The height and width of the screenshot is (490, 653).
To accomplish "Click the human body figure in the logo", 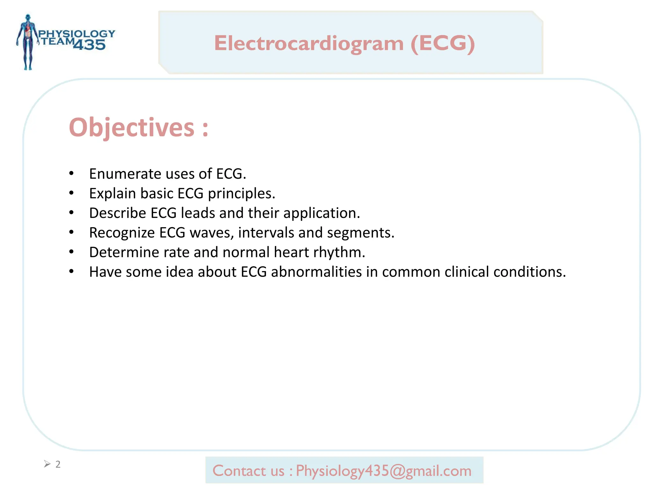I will [28, 41].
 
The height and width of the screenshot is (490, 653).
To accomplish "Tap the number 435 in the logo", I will [89, 45].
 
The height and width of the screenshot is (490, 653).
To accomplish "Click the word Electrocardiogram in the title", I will [309, 43].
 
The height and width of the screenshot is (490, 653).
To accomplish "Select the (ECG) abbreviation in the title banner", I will [443, 43].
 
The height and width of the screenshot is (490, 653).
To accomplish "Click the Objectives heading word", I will [131, 128].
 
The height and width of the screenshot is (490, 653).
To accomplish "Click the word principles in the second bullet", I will [241, 194].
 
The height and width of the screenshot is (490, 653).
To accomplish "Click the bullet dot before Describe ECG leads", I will [71, 213].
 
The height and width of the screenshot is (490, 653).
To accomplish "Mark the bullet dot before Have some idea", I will [71, 271].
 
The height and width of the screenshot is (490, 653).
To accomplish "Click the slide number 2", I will [58, 464].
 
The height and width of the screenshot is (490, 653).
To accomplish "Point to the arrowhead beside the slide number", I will [47, 464].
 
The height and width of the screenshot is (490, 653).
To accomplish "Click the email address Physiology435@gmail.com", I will [384, 471].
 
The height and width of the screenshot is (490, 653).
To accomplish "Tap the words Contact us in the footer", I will [248, 471].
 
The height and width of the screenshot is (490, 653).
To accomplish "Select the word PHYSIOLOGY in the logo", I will [77, 33].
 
